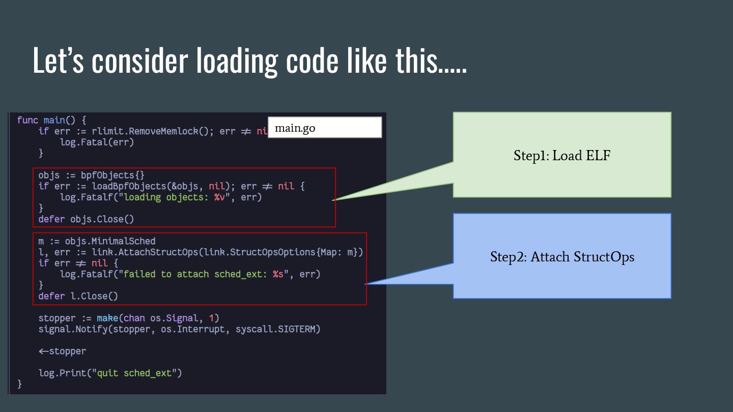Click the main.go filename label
(x=295, y=128)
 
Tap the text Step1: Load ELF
(x=561, y=156)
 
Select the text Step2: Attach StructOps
(x=562, y=257)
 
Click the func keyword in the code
(x=27, y=121)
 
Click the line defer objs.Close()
(x=86, y=219)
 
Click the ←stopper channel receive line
(x=62, y=351)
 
